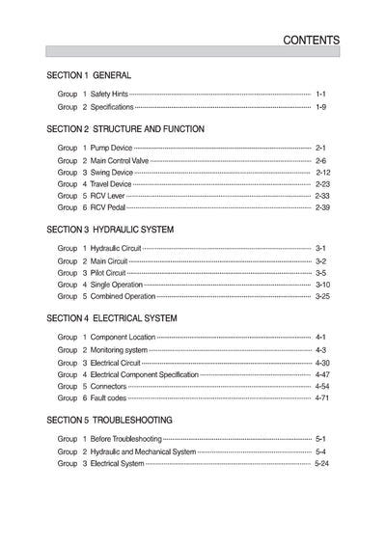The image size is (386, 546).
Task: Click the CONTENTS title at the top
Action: [x=310, y=41]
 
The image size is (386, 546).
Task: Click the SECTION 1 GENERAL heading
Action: [x=89, y=75]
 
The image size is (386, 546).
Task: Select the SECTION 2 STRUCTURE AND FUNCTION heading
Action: [x=124, y=128]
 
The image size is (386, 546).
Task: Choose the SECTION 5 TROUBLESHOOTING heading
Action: [x=109, y=420]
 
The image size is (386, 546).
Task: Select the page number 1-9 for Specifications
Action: [x=321, y=107]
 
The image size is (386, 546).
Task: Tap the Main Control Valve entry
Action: [x=120, y=160]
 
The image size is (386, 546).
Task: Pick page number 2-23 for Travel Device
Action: [x=322, y=183]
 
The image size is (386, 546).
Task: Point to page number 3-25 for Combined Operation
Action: [x=322, y=296]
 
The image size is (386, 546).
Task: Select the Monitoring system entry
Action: [x=118, y=349]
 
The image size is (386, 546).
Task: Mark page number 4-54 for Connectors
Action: [x=322, y=386]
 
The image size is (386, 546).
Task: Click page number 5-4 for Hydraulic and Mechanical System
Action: [x=321, y=451]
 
